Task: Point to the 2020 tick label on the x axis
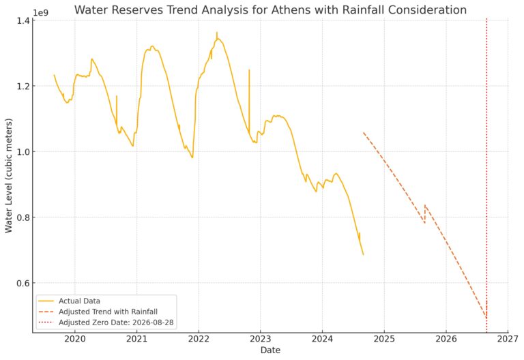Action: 74,338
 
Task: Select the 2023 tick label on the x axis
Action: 261,338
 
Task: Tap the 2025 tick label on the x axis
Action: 384,338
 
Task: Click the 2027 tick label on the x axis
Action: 508,338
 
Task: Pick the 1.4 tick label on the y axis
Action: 22,20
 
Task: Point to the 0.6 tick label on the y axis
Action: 22,283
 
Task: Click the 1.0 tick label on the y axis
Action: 22,151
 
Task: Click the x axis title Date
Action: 270,350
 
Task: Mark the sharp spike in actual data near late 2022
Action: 249,71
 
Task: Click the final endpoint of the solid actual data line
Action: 363,254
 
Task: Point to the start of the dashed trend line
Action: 364,133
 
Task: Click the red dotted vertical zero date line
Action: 486,170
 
